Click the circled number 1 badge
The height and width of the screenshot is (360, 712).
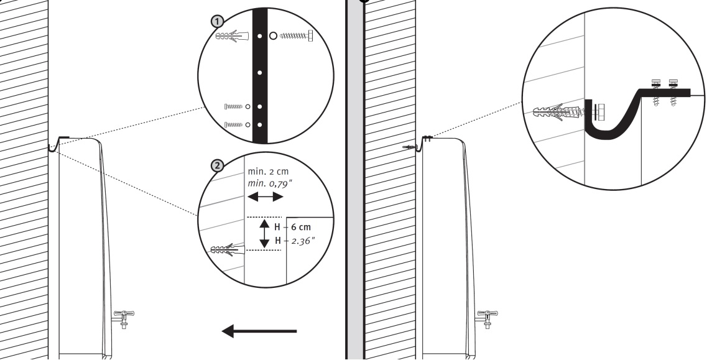click(x=218, y=21)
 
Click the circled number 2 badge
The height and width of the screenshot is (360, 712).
click(x=218, y=166)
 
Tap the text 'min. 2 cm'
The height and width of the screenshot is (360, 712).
click(x=268, y=172)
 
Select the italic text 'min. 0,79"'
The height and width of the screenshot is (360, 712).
click(x=270, y=183)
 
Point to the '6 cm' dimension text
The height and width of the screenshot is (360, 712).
click(x=301, y=227)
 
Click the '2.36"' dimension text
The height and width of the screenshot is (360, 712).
click(x=303, y=241)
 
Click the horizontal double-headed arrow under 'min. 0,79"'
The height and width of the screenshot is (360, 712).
click(x=265, y=196)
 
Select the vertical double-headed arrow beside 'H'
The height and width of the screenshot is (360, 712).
click(x=264, y=234)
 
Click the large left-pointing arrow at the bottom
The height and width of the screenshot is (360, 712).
click(x=259, y=331)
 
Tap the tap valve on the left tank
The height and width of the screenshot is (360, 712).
click(x=123, y=318)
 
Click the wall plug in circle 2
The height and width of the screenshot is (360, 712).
click(x=228, y=250)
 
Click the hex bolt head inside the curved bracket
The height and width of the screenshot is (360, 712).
click(x=599, y=112)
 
